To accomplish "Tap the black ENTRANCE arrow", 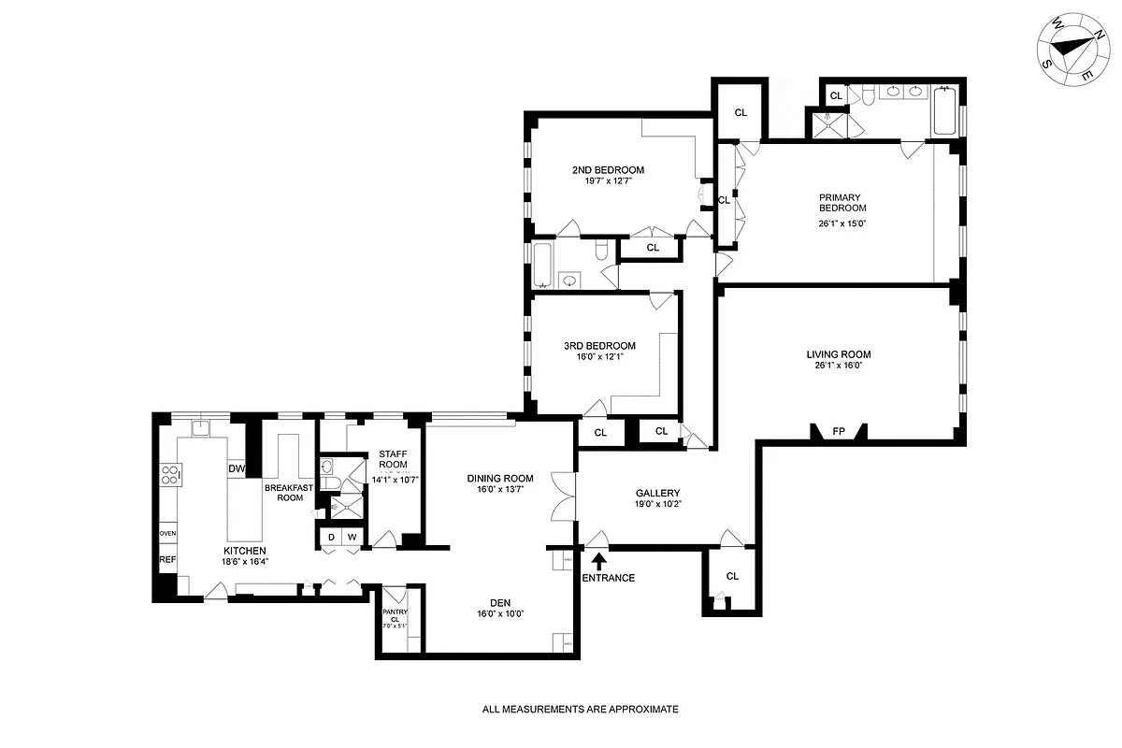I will coord(598,560).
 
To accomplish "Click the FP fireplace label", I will coord(839,432).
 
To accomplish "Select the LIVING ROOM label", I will coord(839,354).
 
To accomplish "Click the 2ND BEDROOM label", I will coord(608,170).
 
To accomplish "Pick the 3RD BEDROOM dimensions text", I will coord(599,356).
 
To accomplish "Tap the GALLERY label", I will coord(657,493).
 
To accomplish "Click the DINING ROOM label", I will coord(500,478).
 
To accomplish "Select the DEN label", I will coord(500,602).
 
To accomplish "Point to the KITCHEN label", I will coord(244,551).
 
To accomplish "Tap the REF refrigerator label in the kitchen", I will coord(167,559).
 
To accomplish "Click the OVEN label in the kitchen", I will coord(167,533).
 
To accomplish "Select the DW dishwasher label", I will coord(237,469).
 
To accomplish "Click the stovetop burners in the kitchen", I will coord(169,475).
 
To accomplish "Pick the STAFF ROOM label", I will coord(393,458).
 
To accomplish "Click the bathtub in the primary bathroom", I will coord(944,111).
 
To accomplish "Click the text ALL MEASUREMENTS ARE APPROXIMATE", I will coord(580,710).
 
